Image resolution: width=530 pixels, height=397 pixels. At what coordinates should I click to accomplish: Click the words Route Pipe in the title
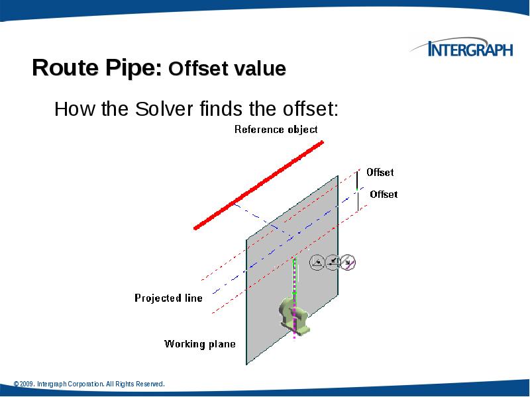coord(97,68)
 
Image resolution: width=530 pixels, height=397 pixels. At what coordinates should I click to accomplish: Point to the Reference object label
coord(276,130)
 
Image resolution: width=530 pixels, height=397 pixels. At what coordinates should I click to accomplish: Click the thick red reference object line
coord(258,184)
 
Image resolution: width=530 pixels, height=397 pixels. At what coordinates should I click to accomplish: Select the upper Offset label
coord(380,172)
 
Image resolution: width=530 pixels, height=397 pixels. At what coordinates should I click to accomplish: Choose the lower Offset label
coord(383,194)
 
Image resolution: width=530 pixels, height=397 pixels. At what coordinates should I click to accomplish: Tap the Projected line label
coord(168,298)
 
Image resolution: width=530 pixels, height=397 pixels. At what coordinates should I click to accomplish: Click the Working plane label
coord(199,343)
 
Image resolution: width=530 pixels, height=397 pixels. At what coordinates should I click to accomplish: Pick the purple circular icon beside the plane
coord(349,263)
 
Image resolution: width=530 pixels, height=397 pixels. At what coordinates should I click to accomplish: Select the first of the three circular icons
coord(317,263)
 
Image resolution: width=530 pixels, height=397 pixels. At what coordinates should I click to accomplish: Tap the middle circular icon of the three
coord(333,263)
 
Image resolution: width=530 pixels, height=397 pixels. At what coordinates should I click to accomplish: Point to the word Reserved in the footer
coord(148,384)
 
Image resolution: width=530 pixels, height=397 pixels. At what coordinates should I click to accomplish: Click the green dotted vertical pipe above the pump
coord(292,278)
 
